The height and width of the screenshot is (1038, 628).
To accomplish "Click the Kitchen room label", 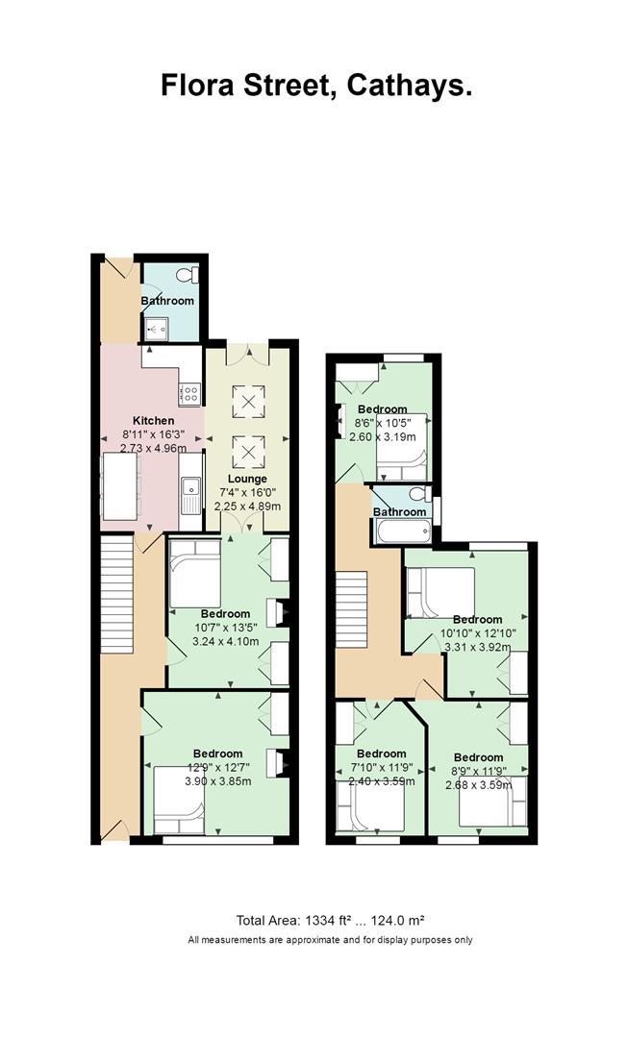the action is click(154, 420).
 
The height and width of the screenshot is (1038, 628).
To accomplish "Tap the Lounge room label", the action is click(247, 479).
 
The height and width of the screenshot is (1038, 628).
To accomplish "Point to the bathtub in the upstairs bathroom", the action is click(402, 531).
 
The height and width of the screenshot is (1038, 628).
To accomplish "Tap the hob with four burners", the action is click(190, 394).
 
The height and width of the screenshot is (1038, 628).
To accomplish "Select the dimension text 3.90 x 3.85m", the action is click(217, 781).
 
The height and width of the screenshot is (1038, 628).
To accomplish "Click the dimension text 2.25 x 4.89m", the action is click(247, 507).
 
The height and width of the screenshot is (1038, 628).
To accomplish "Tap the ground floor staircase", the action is click(117, 594).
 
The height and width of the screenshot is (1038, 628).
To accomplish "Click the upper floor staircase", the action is click(351, 609).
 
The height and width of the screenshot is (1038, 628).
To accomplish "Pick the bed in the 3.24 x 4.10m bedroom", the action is click(195, 573).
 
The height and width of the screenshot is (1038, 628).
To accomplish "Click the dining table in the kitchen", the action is click(120, 486).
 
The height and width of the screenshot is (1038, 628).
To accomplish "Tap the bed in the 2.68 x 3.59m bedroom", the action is click(492, 802).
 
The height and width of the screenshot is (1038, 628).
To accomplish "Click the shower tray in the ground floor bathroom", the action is click(157, 328).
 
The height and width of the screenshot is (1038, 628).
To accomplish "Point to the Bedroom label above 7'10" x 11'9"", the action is click(381, 754).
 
